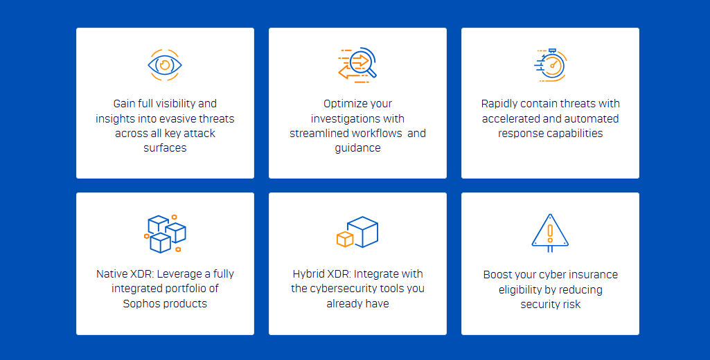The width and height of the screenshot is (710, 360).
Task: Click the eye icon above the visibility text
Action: coord(165,65)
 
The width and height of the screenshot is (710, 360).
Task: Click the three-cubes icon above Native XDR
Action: coord(165,233)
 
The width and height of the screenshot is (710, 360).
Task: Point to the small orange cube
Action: coord(344,239)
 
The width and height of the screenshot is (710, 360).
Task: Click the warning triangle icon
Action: coord(550,232)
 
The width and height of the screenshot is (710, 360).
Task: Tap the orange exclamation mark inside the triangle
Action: coord(550,231)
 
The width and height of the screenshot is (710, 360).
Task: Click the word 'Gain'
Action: coord(126,104)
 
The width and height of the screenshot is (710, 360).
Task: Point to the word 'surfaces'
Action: coord(165,148)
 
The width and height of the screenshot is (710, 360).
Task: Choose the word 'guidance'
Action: coord(357,148)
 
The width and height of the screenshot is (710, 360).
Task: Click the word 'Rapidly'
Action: coord(502,104)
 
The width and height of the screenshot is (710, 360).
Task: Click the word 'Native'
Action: coord(112,274)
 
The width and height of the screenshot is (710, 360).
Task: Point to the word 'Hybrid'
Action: coord(310,274)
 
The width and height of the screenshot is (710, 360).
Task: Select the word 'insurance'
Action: coord(591,275)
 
